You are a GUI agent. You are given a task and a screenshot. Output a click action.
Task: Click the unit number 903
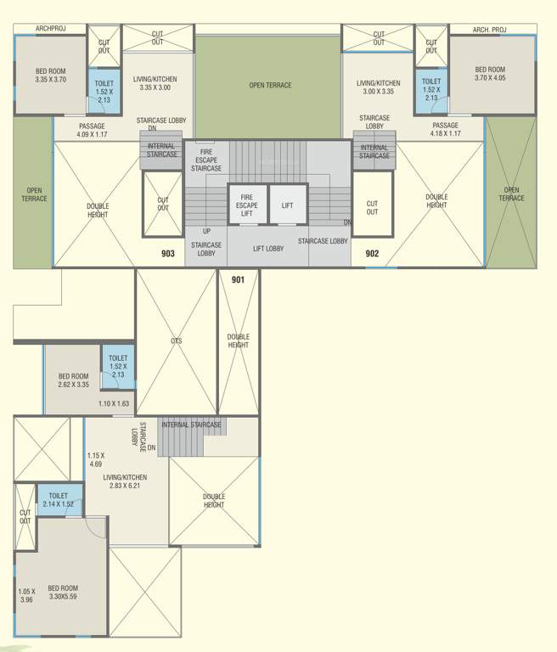click(168, 253)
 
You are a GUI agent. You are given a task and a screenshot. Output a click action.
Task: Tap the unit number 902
click(372, 253)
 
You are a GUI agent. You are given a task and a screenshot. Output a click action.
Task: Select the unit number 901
click(238, 279)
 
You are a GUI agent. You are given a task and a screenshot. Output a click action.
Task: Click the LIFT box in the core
click(288, 205)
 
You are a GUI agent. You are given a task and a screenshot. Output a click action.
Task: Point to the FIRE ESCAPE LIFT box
click(247, 205)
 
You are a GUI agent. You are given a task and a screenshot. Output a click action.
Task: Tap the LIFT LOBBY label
click(268, 249)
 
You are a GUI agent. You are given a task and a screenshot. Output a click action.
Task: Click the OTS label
click(176, 341)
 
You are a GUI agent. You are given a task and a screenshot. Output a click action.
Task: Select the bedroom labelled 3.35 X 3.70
click(52, 75)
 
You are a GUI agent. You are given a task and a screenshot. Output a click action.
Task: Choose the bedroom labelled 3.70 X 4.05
click(490, 75)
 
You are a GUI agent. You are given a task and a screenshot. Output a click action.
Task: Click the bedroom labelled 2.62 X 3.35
click(73, 380)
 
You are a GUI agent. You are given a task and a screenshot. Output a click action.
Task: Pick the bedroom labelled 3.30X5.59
click(62, 593)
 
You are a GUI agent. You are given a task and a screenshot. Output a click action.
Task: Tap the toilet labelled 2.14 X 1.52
click(59, 500)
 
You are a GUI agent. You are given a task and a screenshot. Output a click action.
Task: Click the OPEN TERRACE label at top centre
click(270, 85)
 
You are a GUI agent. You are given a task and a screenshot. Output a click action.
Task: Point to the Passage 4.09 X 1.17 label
click(92, 130)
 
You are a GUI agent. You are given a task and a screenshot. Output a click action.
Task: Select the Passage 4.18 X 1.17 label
click(445, 130)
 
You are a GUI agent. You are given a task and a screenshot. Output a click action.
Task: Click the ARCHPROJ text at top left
click(50, 29)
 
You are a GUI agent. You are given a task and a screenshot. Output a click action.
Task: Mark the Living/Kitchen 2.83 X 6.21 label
click(125, 481)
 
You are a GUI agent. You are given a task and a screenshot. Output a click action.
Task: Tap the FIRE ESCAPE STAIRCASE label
click(206, 160)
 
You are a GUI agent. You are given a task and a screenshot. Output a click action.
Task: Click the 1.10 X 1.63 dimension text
click(114, 404)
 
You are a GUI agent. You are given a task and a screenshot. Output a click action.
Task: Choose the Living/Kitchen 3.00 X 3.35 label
click(378, 87)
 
